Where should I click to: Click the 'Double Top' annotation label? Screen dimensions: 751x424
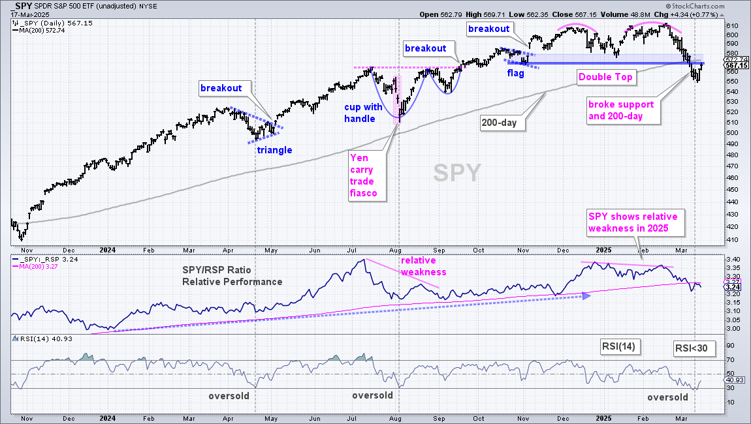pos(605,77)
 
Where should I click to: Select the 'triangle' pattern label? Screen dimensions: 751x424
pos(274,150)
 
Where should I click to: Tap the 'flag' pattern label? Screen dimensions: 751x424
pos(516,73)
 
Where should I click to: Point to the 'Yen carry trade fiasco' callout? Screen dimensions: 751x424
pos(367,175)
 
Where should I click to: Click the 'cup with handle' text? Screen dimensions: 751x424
pos(363,113)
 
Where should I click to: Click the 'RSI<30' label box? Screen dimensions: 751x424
pos(691,348)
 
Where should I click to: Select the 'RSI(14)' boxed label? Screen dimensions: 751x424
pos(618,346)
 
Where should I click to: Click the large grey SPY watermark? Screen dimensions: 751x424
pos(457,173)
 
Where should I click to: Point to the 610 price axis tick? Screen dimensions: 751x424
pos(732,26)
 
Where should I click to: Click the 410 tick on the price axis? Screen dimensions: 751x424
pos(732,239)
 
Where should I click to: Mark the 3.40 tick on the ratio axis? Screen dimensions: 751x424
pos(733,260)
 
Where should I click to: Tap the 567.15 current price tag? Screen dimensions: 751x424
pos(736,66)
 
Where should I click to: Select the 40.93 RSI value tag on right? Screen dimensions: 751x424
pos(734,380)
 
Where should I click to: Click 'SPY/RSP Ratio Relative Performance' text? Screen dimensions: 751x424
pos(232,276)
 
